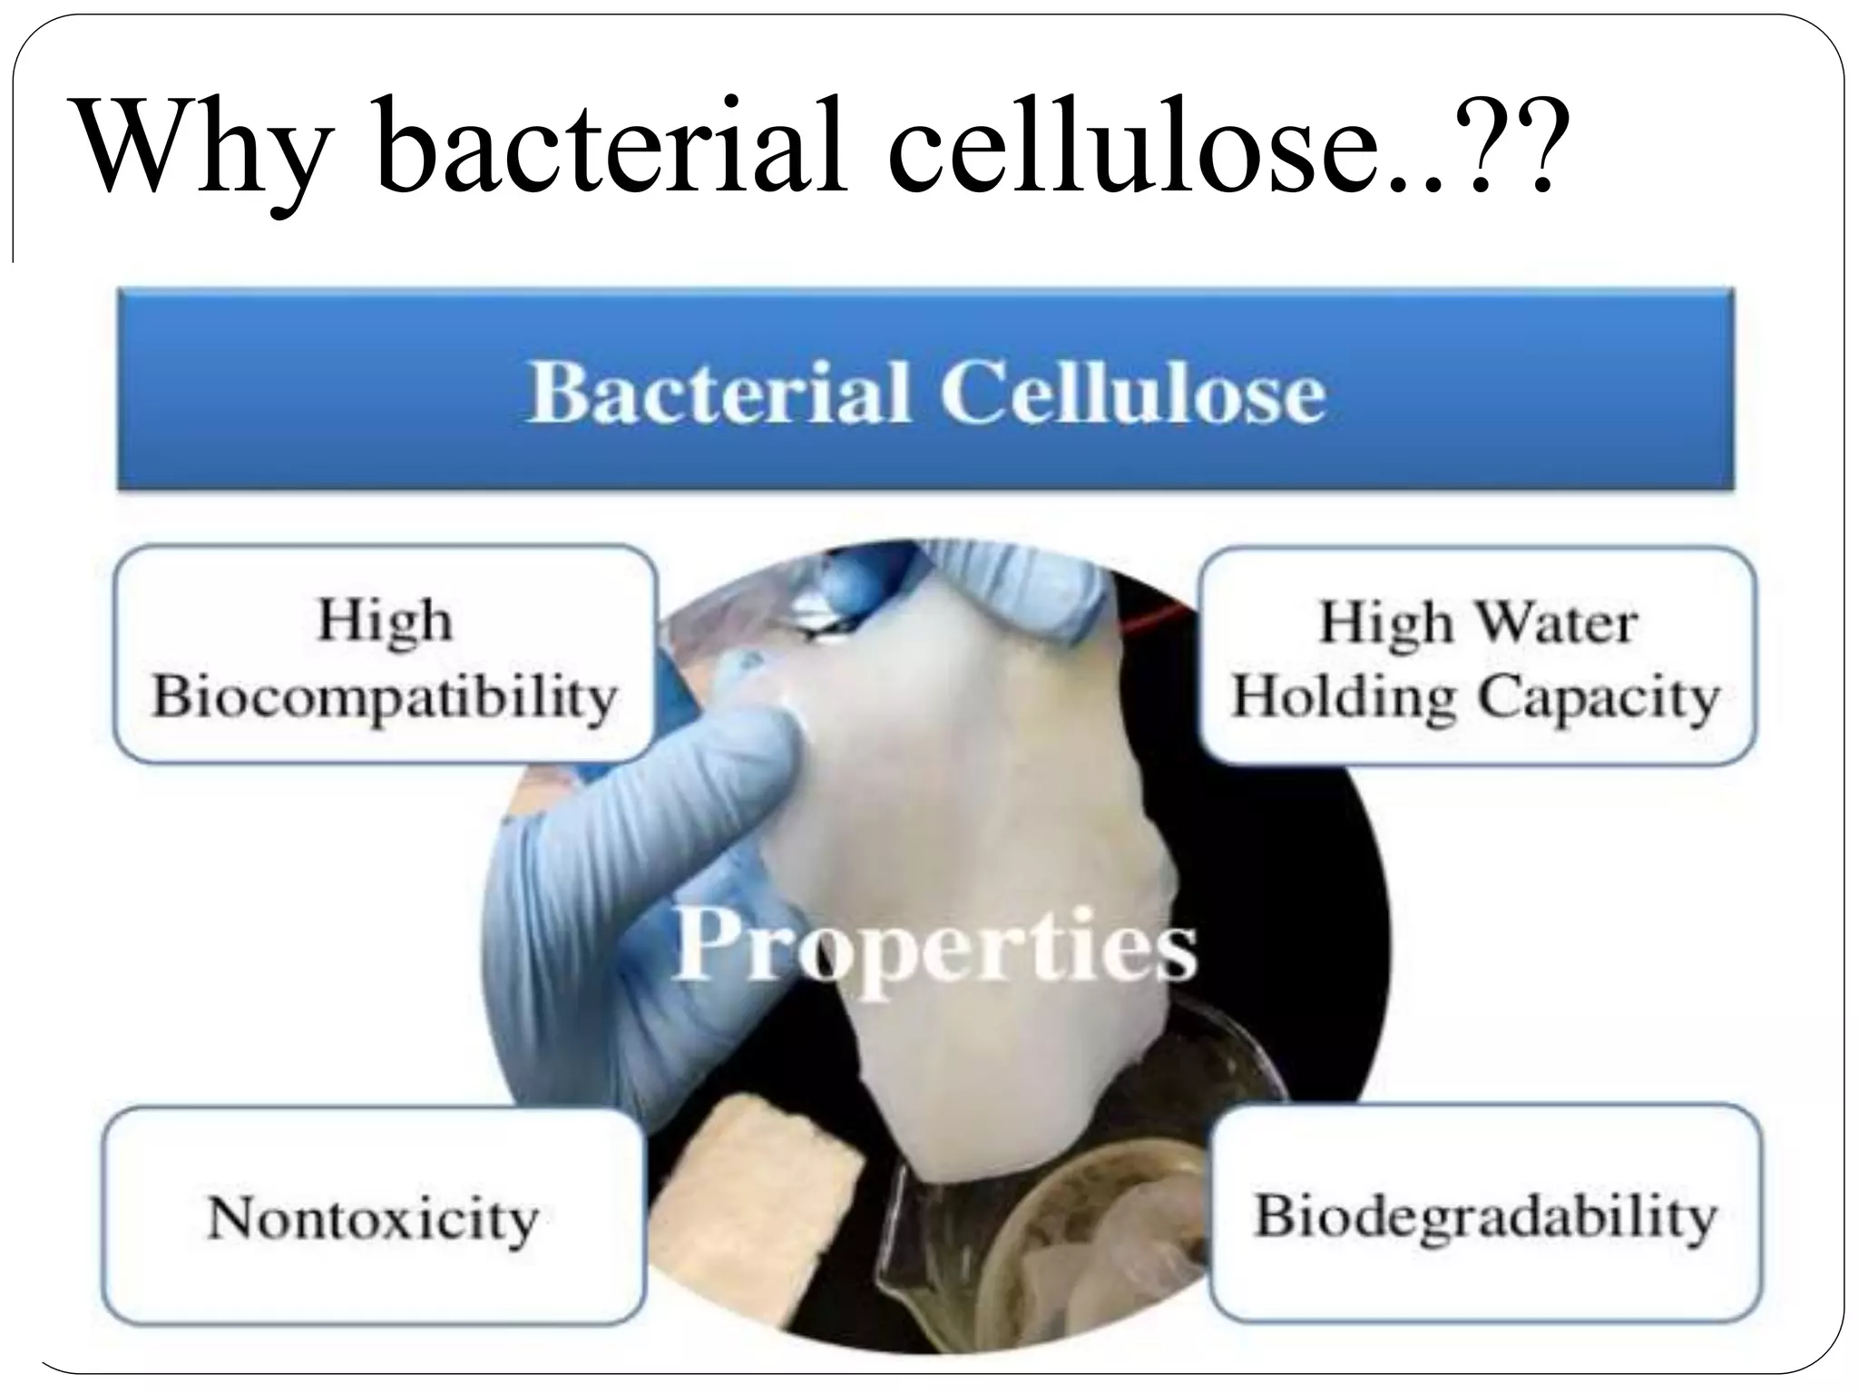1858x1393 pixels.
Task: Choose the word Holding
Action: click(x=1343, y=698)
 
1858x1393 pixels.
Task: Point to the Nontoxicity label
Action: click(x=373, y=1218)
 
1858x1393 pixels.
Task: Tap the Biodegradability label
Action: click(x=1485, y=1216)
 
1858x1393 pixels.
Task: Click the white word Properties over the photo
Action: click(x=934, y=946)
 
